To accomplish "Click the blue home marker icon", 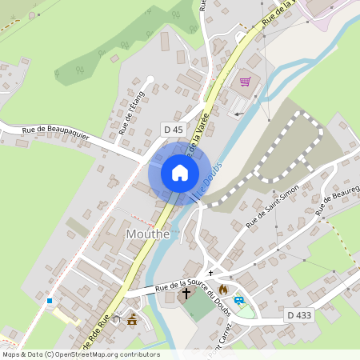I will click(x=179, y=172).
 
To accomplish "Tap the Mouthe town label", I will click(x=148, y=234).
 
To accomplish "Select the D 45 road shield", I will click(x=173, y=129).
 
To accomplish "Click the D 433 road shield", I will click(x=299, y=316).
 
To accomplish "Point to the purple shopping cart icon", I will click(x=245, y=82).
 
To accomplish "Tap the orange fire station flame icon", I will click(x=222, y=289).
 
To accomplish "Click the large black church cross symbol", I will click(x=186, y=294).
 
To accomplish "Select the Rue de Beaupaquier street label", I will click(x=55, y=134).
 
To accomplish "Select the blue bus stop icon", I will click(x=238, y=301).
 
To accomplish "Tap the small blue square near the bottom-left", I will click(x=50, y=301).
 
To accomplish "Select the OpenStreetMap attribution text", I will click(x=80, y=354).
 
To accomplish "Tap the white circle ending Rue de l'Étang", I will click(x=150, y=79).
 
